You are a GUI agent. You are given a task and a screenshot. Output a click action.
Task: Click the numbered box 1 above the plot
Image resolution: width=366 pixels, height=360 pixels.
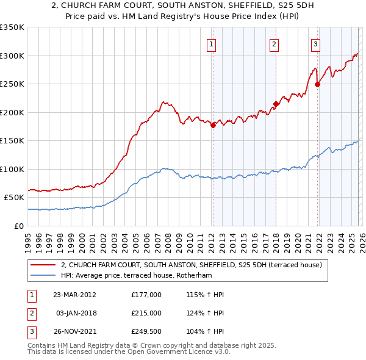[x=211, y=43]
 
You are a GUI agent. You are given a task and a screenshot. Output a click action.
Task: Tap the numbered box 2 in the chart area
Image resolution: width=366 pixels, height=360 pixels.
[x=274, y=43]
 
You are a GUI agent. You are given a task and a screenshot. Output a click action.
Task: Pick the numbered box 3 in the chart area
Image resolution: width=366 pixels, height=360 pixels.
[x=315, y=43]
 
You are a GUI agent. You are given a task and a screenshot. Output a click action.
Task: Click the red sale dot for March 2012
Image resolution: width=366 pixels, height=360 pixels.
[x=213, y=125]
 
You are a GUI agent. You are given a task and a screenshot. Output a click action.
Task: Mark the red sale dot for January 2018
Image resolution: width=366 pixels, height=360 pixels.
[x=276, y=104]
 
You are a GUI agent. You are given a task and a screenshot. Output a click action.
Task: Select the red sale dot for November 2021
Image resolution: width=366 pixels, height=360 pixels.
[x=318, y=84]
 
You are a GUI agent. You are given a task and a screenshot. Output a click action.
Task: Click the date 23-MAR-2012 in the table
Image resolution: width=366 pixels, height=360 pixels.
[x=74, y=295]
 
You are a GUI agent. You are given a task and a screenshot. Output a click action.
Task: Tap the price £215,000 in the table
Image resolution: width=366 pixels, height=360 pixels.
[x=146, y=313]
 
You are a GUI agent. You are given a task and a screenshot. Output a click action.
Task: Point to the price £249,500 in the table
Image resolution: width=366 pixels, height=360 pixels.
[x=146, y=331]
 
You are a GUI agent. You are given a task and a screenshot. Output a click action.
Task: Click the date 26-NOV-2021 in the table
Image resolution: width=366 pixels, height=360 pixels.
[x=74, y=331]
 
